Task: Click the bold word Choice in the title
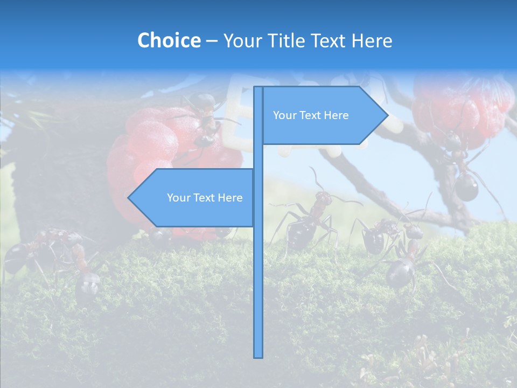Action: click(x=169, y=41)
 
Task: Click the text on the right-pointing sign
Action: click(x=311, y=115)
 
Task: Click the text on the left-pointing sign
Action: click(x=205, y=198)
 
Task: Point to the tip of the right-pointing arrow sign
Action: click(x=387, y=115)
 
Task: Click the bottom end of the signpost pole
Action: click(x=258, y=356)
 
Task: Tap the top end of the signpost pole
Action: click(x=258, y=88)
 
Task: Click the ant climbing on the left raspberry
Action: click(x=202, y=119)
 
